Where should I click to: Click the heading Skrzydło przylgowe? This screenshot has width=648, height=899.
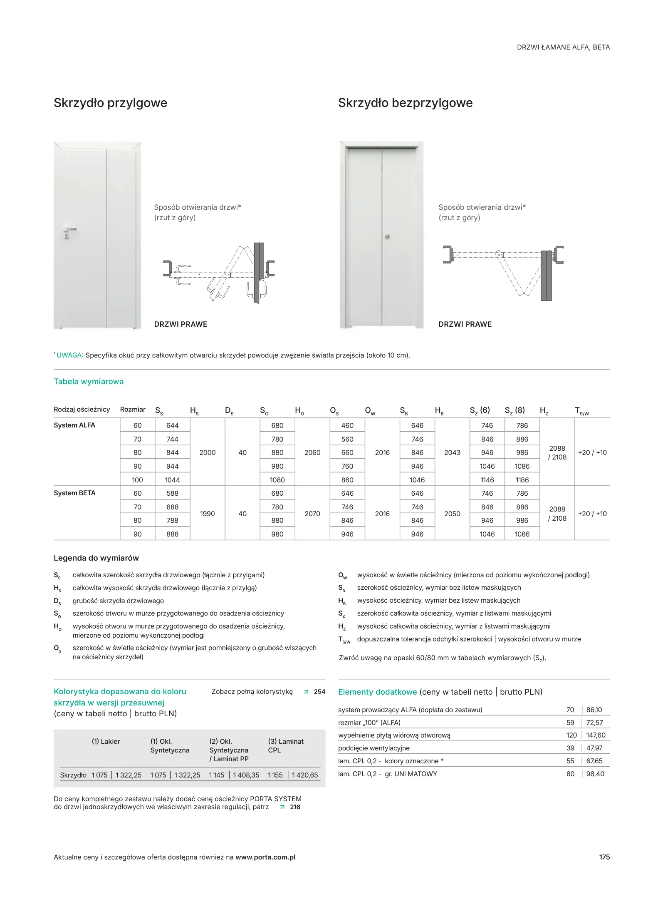[x=110, y=103]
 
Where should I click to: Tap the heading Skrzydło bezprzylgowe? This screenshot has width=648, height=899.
[x=405, y=103]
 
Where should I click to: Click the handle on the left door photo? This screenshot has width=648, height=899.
[x=69, y=230]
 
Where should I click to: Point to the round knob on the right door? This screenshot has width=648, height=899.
[x=387, y=237]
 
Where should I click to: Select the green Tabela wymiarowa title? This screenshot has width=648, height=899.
[x=89, y=382]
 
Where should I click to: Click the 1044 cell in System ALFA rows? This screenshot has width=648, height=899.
[x=172, y=480]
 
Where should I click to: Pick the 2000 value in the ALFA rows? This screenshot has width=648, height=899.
[x=207, y=452]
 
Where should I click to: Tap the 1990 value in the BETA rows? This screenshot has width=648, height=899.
[x=207, y=514]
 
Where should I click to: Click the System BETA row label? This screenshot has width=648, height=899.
[x=74, y=493]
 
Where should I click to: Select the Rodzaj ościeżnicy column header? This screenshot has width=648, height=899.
[x=82, y=410]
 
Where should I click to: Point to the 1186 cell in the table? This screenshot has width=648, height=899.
[x=522, y=480]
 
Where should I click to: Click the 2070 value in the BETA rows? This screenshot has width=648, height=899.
[x=312, y=514]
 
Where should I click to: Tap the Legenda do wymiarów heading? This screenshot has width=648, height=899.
[x=96, y=558]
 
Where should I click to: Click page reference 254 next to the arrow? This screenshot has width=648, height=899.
[x=319, y=692]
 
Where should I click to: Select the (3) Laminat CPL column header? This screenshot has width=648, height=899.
[x=286, y=745]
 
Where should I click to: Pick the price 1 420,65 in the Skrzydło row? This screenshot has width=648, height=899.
[x=304, y=775]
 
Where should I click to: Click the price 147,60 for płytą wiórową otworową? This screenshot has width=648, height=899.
[x=596, y=735]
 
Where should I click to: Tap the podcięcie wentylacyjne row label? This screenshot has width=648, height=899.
[x=373, y=748]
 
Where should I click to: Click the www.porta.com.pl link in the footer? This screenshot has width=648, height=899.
[x=265, y=857]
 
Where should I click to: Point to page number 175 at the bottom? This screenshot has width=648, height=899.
[x=604, y=857]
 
